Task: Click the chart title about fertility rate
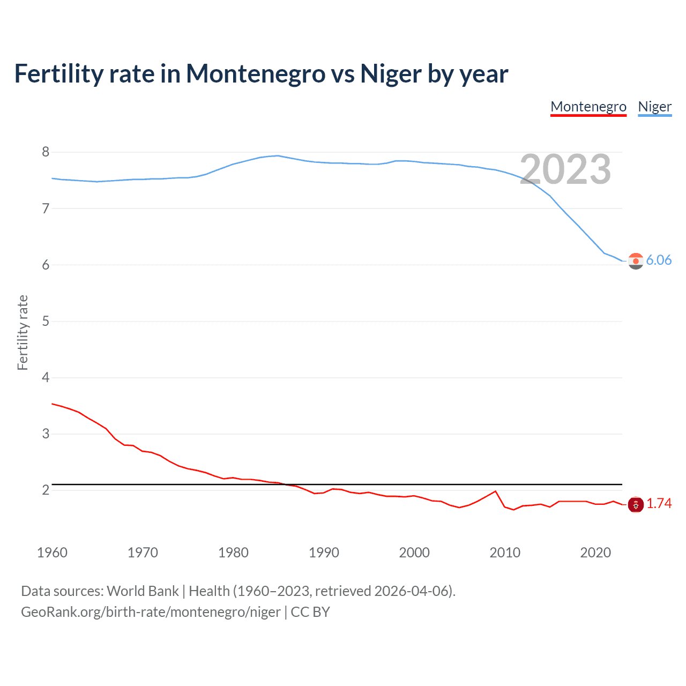click(x=261, y=74)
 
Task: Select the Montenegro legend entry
click(x=588, y=107)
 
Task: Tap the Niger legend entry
click(x=654, y=107)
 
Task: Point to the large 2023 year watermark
click(x=565, y=169)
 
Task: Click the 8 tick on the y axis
click(x=46, y=152)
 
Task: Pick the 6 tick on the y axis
click(x=46, y=265)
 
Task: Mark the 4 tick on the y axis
click(x=46, y=378)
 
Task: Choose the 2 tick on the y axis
click(x=46, y=490)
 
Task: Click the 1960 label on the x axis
click(x=52, y=553)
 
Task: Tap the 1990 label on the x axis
click(x=324, y=553)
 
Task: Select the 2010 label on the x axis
click(x=505, y=553)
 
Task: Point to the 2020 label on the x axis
click(x=595, y=553)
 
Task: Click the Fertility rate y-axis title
click(x=23, y=332)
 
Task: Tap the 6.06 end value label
click(x=659, y=260)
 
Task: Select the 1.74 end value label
click(x=659, y=504)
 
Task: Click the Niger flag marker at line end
click(x=636, y=261)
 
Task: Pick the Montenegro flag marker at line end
click(x=636, y=504)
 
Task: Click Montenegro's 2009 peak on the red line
click(x=495, y=491)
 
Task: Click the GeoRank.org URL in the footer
click(x=151, y=612)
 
